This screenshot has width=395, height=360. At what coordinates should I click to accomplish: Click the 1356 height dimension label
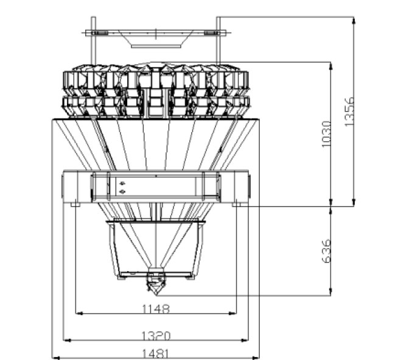pyautogui.click(x=349, y=111)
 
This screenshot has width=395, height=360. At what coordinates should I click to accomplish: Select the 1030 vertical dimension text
pyautogui.click(x=326, y=135)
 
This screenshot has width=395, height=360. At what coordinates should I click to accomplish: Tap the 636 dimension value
pyautogui.click(x=326, y=251)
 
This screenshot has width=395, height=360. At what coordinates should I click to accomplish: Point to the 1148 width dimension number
pyautogui.click(x=156, y=309)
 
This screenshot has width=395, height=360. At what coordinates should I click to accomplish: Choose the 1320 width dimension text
pyautogui.click(x=156, y=336)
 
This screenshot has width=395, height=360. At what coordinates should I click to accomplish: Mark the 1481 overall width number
pyautogui.click(x=155, y=354)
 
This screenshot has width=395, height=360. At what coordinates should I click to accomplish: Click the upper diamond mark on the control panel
pyautogui.click(x=122, y=183)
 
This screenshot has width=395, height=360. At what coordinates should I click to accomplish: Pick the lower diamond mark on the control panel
pyautogui.click(x=122, y=192)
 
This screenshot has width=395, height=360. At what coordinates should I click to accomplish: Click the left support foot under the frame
pyautogui.click(x=75, y=205)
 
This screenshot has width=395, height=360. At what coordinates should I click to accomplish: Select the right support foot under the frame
pyautogui.click(x=237, y=205)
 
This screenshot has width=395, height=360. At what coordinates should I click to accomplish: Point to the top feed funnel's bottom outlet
pyautogui.click(x=156, y=46)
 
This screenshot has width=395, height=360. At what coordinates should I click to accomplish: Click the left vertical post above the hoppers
pyautogui.click(x=93, y=40)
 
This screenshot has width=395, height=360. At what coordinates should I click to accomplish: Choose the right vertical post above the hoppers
pyautogui.click(x=218, y=40)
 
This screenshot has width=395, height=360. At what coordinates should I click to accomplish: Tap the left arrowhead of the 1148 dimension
pyautogui.click(x=79, y=313)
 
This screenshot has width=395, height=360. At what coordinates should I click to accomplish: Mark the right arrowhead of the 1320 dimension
pyautogui.click(x=245, y=341)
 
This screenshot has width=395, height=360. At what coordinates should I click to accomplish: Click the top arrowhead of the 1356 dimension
pyautogui.click(x=354, y=21)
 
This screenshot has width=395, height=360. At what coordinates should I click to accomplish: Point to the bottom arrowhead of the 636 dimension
pyautogui.click(x=331, y=292)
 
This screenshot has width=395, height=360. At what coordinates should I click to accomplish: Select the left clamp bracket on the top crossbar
pyautogui.click(x=99, y=33)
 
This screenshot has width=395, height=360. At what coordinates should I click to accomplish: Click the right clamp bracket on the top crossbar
pyautogui.click(x=212, y=33)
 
